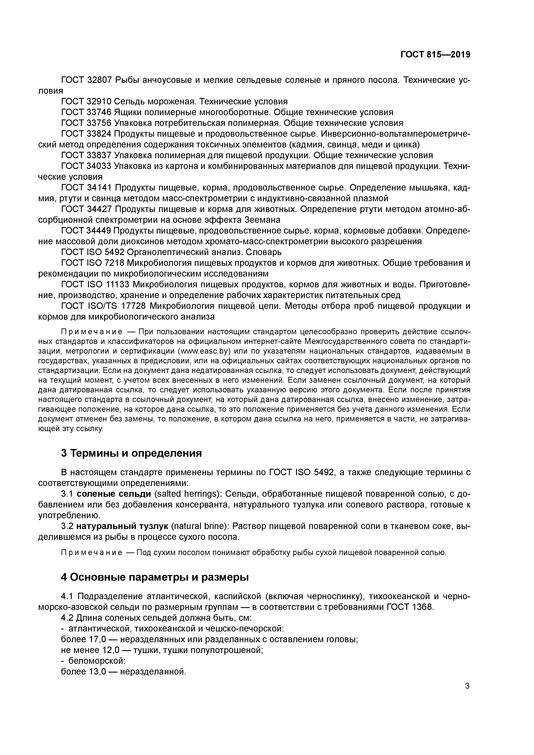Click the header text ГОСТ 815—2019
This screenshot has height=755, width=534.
(x=435, y=55)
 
